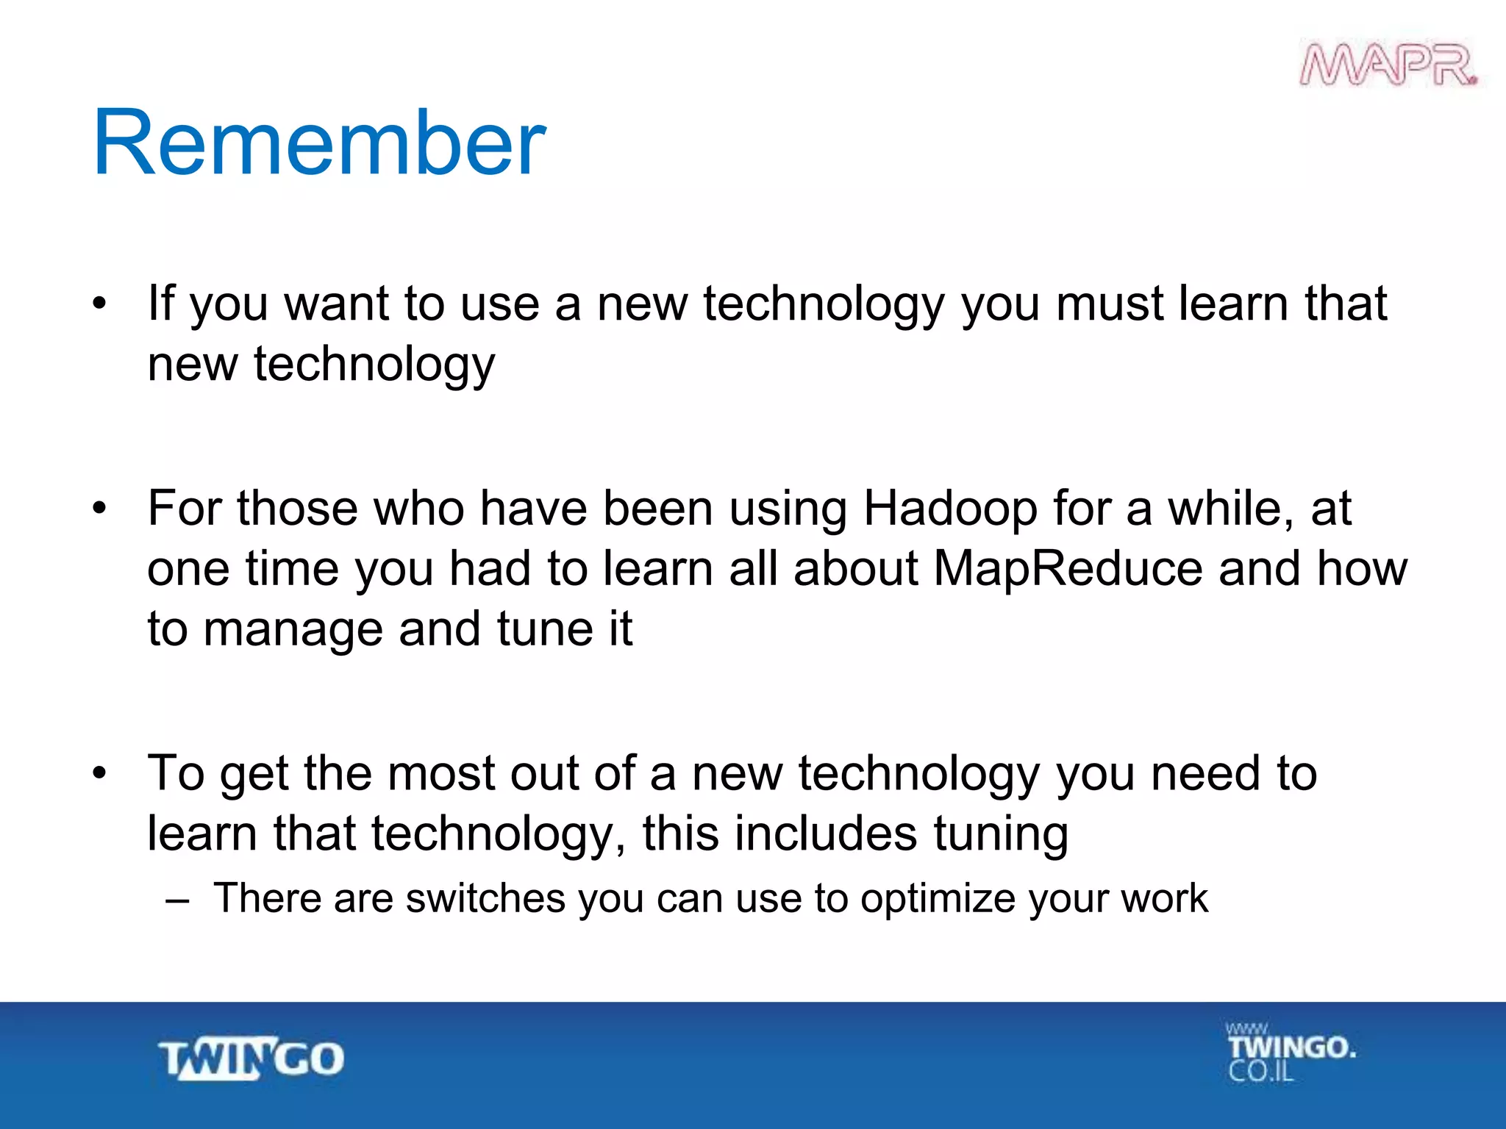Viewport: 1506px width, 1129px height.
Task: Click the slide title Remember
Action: (318, 143)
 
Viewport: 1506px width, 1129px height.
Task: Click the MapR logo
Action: (1388, 65)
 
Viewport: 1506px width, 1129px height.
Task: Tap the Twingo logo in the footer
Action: (251, 1058)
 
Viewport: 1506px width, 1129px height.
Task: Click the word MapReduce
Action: (1067, 569)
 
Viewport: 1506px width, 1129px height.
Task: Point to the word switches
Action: (485, 898)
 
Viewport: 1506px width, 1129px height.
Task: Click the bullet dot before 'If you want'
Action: (100, 303)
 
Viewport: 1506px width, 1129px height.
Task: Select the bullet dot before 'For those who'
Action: (100, 509)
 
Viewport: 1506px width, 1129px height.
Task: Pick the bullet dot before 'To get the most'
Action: (100, 773)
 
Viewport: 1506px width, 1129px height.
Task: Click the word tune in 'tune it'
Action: (543, 629)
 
